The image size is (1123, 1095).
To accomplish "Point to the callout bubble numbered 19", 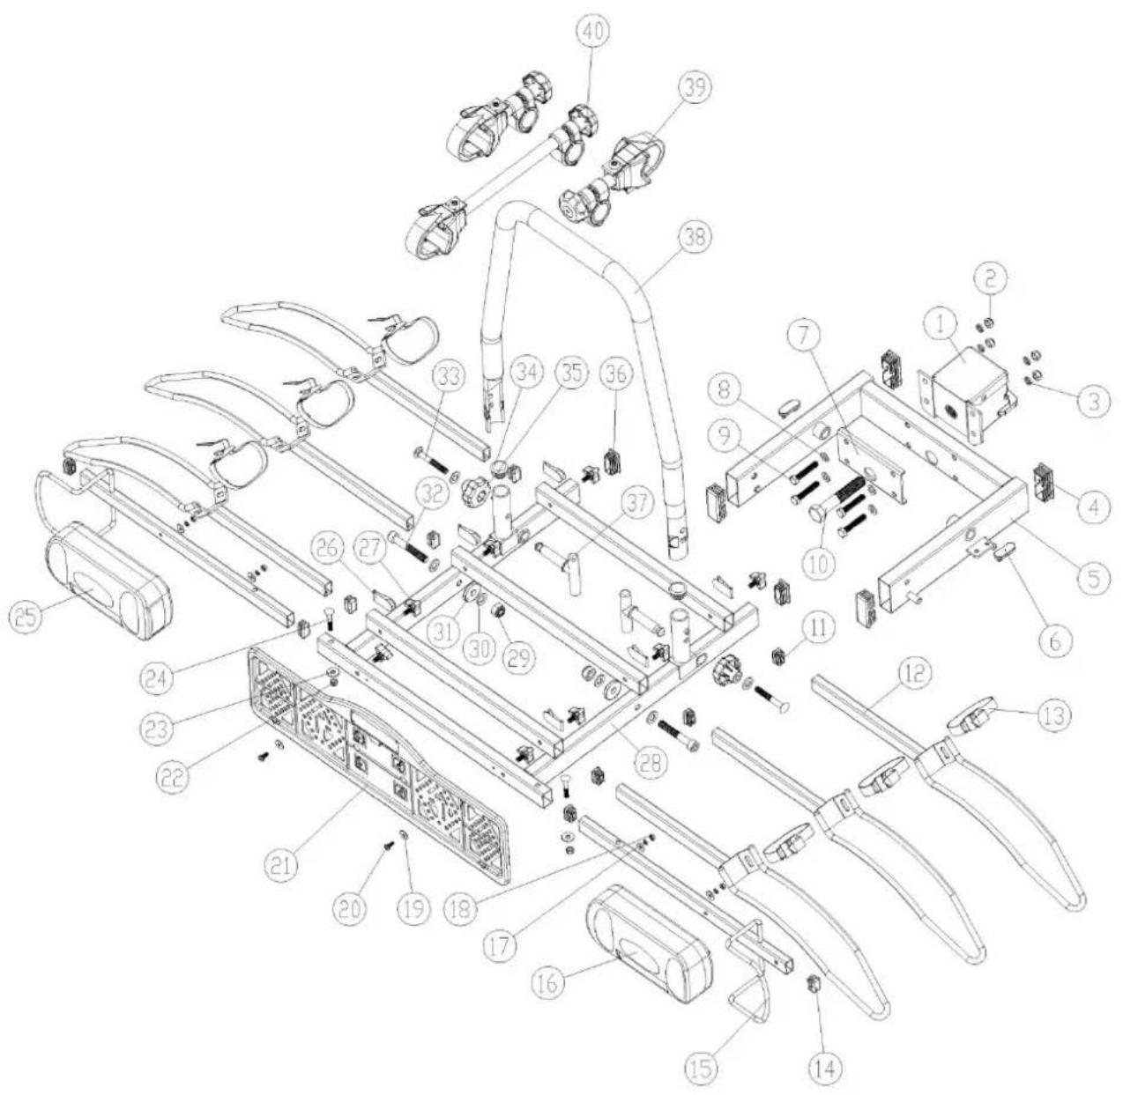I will pos(408,908).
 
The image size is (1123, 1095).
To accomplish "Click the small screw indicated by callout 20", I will pos(388,847).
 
